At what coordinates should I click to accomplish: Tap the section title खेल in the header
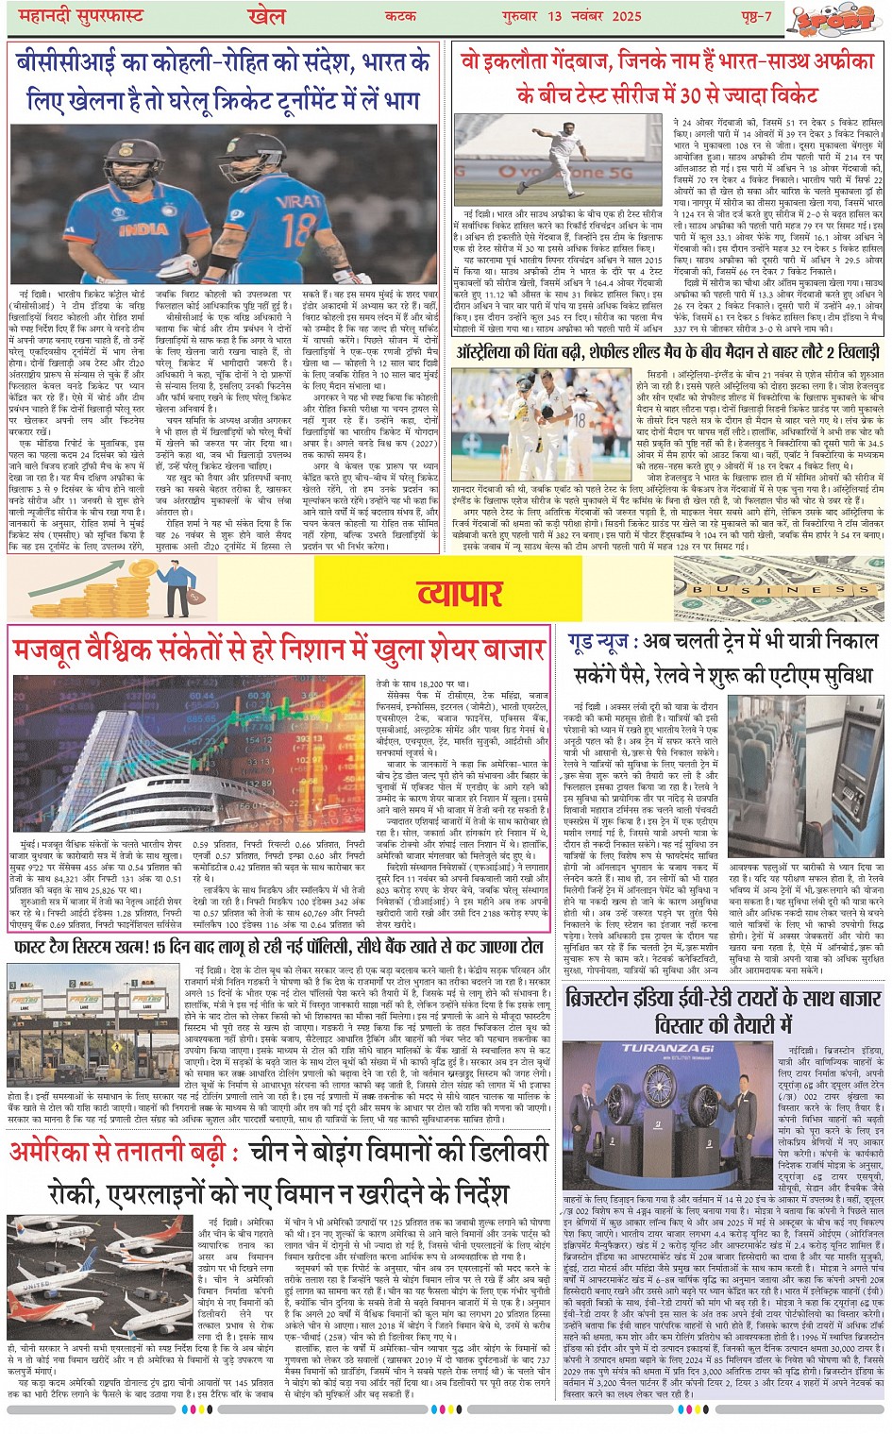266,17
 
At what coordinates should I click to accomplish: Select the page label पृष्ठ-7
755,17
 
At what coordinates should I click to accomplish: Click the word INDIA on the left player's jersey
143,229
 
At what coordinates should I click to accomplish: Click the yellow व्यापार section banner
460,593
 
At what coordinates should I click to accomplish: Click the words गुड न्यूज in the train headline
599,641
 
